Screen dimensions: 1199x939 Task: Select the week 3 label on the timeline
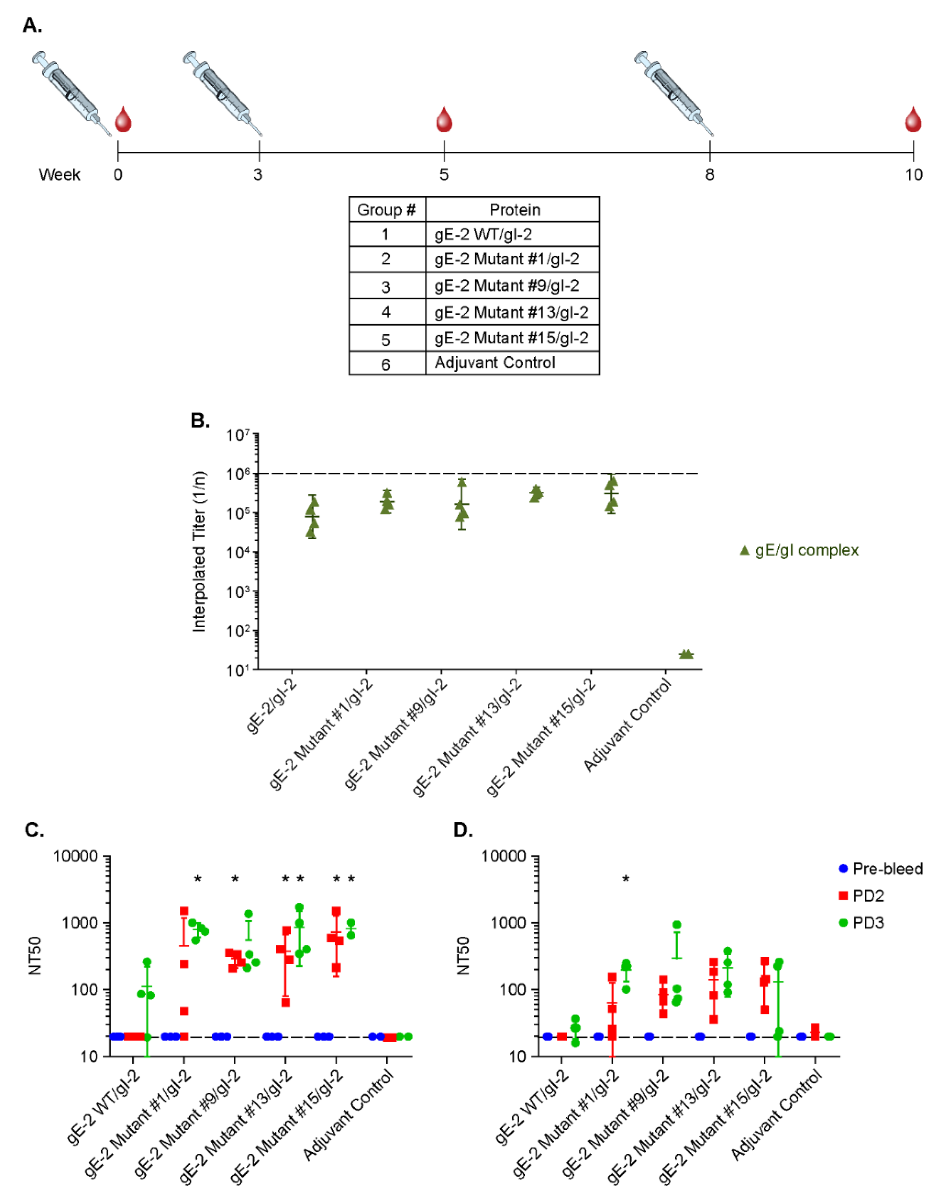(258, 175)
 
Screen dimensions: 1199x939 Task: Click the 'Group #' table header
(386, 209)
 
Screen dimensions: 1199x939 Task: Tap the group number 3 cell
(386, 287)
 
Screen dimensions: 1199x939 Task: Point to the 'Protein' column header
(515, 209)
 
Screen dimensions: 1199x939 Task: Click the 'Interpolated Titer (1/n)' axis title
(199, 552)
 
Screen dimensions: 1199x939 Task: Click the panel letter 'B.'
(200, 421)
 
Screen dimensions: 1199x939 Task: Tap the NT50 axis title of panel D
(463, 955)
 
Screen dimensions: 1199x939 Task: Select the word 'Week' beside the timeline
(59, 175)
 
